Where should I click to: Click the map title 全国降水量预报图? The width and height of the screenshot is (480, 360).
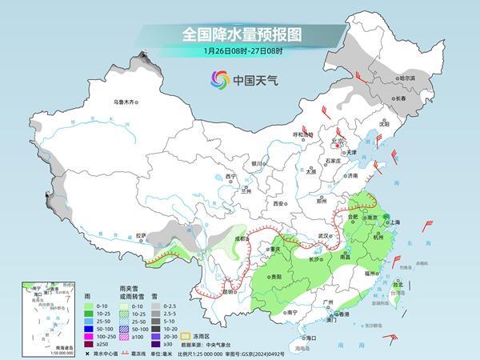[x=239, y=34]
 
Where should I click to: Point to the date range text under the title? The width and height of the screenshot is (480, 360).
[x=239, y=52]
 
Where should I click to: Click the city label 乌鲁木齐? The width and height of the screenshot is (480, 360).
[x=126, y=102]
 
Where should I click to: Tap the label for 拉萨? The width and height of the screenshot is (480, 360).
[x=141, y=235]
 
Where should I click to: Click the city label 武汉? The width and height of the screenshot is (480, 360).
[x=323, y=234]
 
